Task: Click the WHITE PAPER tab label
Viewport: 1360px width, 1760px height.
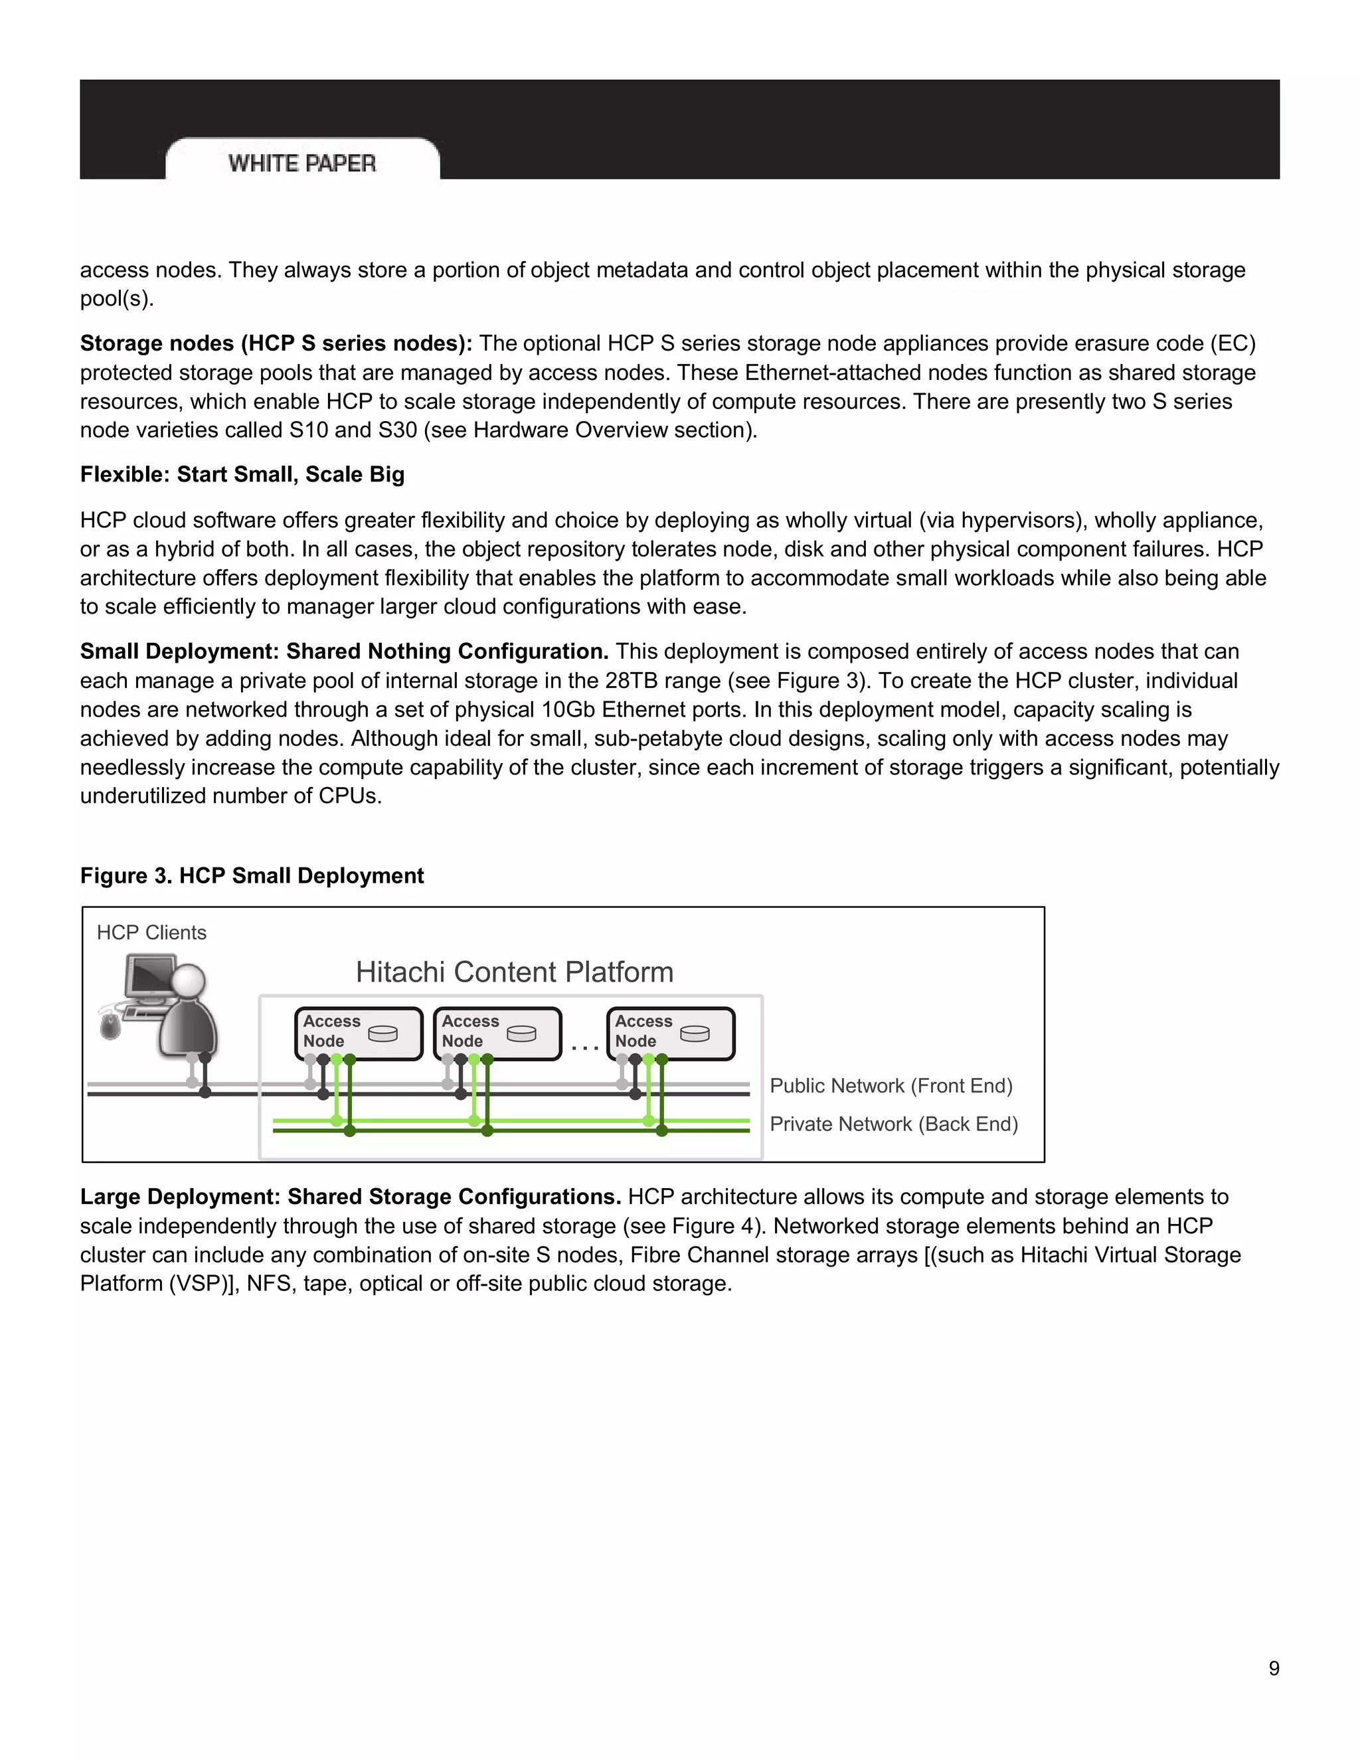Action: [x=302, y=163]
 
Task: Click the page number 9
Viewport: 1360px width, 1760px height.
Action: [x=1274, y=1668]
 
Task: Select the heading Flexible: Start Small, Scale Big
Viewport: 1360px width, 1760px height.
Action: [x=242, y=475]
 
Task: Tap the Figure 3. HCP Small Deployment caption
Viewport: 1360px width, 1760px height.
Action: [x=252, y=876]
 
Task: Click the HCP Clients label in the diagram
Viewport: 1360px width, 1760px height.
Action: [x=151, y=932]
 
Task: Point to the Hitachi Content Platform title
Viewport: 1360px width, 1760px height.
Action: [x=514, y=972]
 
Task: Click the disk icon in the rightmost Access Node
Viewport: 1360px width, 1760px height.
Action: [x=695, y=1034]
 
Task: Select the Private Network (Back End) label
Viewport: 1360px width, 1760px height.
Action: [x=894, y=1124]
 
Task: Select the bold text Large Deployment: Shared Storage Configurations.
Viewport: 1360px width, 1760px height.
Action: [x=351, y=1197]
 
